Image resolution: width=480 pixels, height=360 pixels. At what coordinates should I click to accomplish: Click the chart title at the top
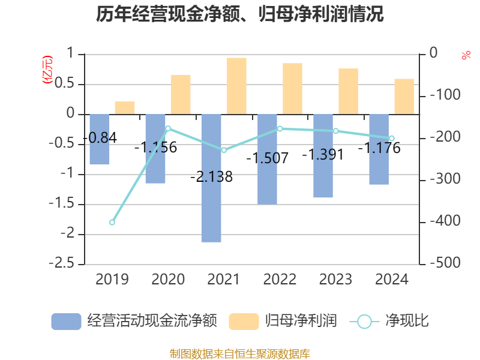[x=239, y=14]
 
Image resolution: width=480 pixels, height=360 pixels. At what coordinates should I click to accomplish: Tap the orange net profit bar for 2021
[x=236, y=86]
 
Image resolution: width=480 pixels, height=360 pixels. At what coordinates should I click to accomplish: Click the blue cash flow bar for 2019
[x=100, y=139]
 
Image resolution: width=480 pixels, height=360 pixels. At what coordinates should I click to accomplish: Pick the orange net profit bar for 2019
[x=125, y=108]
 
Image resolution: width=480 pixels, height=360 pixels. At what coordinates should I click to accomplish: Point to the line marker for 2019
[x=112, y=223]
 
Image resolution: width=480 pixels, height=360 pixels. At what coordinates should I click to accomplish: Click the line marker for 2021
[x=224, y=150]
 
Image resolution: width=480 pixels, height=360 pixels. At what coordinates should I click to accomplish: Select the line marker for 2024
[x=392, y=139]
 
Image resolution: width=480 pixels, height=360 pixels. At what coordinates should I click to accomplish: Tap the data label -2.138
[x=211, y=177]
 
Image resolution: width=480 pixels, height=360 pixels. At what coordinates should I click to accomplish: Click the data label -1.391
[x=323, y=154]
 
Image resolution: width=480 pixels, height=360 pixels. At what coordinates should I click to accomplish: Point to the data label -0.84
[x=100, y=137]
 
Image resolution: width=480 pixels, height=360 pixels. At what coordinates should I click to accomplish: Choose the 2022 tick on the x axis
[x=280, y=279]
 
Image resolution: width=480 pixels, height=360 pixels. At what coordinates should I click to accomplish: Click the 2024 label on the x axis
[x=391, y=279]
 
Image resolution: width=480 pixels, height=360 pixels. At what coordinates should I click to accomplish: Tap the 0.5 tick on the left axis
[x=67, y=84]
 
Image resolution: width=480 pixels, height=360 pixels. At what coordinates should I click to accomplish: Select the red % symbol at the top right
[x=466, y=55]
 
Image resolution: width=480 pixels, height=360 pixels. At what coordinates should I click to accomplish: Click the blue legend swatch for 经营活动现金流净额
[x=66, y=322]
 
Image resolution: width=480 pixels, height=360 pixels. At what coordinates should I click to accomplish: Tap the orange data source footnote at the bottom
[x=240, y=353]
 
